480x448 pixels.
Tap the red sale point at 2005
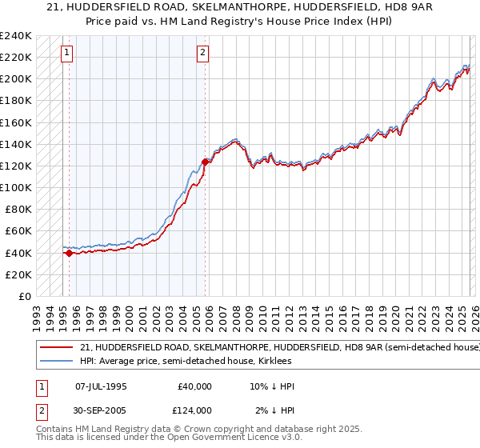(x=206, y=162)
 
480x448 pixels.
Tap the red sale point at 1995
(x=69, y=253)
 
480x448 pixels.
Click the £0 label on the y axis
(x=23, y=296)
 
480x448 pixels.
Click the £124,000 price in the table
(x=194, y=410)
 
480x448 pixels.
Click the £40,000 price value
(x=194, y=386)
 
